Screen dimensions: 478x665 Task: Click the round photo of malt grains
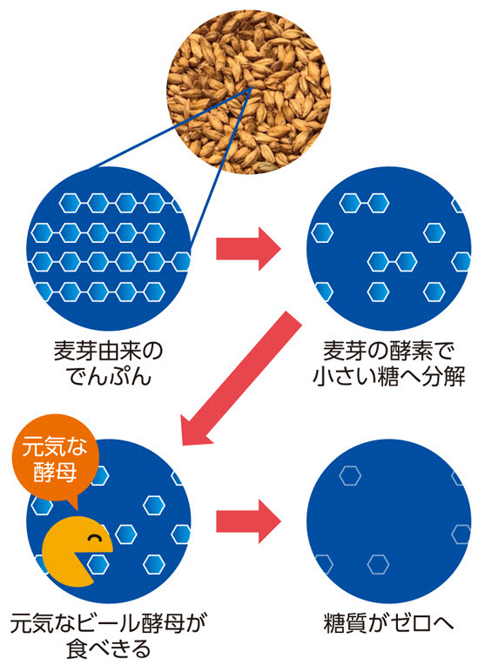pos(248,92)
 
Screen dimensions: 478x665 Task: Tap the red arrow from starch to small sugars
pos(248,249)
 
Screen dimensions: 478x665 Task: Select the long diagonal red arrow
pos(240,379)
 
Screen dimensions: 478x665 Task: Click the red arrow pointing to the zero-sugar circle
pos(248,521)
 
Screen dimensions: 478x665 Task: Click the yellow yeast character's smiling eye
pos(93,539)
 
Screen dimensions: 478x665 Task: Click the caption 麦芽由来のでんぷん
pos(109,365)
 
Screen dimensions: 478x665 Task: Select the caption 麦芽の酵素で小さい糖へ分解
pos(389,365)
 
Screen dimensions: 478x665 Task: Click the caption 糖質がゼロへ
pos(389,623)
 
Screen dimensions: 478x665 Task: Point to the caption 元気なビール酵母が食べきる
pos(109,635)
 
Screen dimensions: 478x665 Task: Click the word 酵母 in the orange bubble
pos(55,472)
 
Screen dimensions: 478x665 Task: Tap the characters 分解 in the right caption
pos(444,376)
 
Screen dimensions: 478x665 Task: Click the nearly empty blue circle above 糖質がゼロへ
pos(389,521)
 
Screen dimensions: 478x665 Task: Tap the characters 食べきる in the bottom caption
pos(109,648)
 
